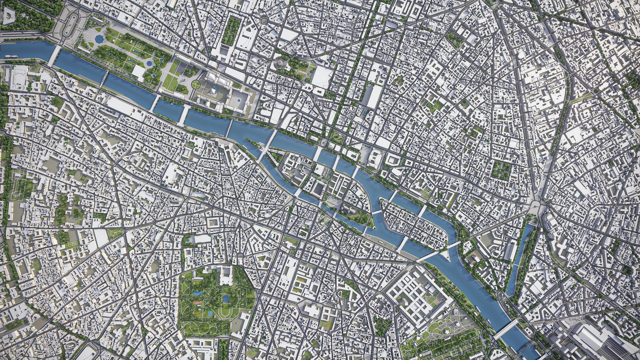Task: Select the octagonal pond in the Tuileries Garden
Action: pyautogui.click(x=99, y=39)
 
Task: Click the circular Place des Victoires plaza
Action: pyautogui.click(x=264, y=21)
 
